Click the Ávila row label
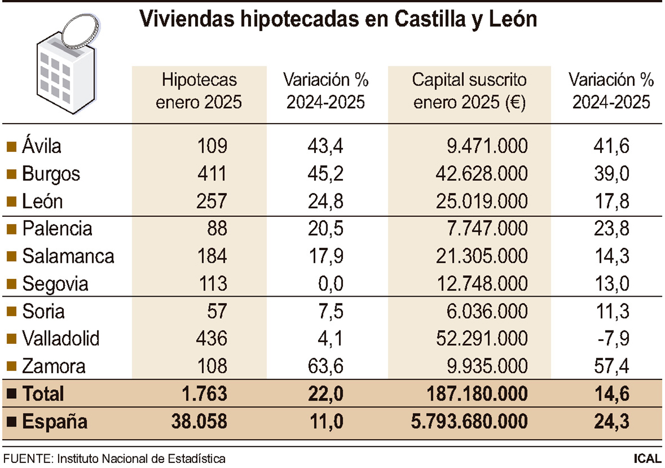42,146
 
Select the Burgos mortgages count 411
212,174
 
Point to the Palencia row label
57,228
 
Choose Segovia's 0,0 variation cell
329,284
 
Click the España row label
55,422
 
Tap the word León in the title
514,19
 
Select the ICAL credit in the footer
647,459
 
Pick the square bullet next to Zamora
11,366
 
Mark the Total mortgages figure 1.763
205,394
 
